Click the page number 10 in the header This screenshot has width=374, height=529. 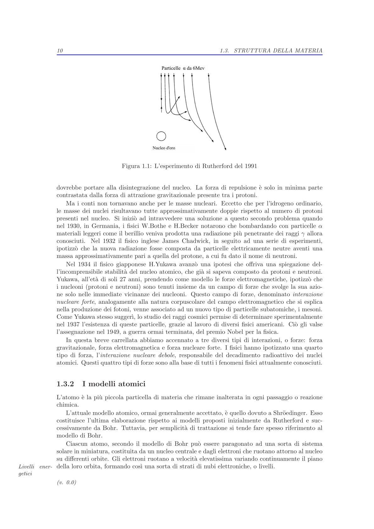tap(60, 51)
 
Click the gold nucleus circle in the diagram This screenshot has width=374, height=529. tap(161, 136)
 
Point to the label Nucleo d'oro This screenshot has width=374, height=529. tap(164, 148)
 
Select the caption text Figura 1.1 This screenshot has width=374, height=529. tap(133, 166)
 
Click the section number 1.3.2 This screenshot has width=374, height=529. tap(65, 384)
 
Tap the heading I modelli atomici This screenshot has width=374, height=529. tap(114, 384)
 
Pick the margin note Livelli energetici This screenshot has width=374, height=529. tap(35, 470)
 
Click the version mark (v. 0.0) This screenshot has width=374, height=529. tap(67, 483)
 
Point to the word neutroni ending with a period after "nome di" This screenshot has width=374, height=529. tap(285, 256)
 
